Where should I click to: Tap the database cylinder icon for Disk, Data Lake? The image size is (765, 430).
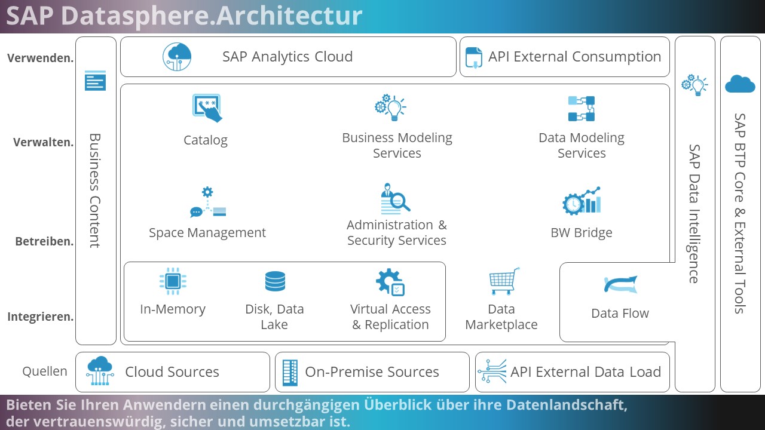275,281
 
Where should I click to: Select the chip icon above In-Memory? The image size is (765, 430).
173,281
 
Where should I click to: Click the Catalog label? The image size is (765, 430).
206,140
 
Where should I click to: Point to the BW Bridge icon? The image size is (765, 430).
582,201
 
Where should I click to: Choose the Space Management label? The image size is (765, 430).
207,233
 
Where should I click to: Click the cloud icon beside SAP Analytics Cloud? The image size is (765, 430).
177,57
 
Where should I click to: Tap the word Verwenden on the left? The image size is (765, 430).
40,58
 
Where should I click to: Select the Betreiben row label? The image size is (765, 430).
44,241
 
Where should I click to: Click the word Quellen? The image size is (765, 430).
45,371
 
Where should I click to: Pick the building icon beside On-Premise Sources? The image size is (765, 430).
290,373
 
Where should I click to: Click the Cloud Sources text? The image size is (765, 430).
172,371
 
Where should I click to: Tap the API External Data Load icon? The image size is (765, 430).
492,371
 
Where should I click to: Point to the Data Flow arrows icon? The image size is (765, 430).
620,284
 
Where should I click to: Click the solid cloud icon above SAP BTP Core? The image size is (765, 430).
740,84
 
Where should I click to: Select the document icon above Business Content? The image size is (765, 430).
95,81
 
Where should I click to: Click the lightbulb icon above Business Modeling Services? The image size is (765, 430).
390,107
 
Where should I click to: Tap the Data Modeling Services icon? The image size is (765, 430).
582,109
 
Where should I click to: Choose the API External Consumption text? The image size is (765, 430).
575,57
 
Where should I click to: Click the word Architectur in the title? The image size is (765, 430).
289,16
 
